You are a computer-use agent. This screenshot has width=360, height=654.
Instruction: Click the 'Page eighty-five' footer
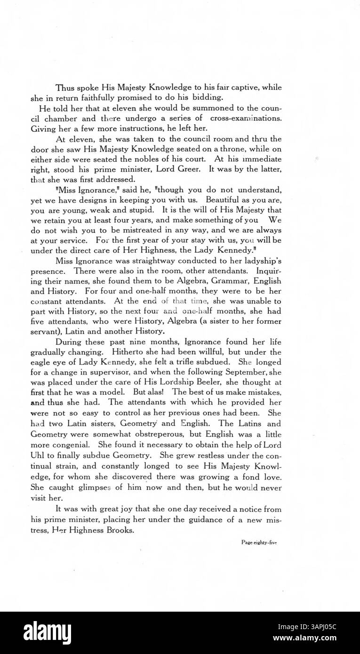[258, 542]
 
